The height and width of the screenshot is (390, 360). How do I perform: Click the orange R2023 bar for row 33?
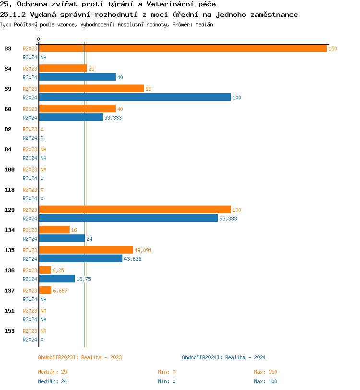(182, 49)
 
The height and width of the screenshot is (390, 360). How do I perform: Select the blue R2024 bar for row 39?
(134, 97)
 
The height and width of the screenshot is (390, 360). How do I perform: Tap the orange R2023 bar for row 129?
(134, 210)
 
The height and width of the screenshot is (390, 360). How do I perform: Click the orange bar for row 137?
(45, 291)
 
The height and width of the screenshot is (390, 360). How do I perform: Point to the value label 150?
(333, 49)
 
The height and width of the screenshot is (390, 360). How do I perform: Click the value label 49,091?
(143, 250)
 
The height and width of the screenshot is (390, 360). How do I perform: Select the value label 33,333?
(113, 118)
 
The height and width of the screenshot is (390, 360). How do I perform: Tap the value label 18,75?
(84, 279)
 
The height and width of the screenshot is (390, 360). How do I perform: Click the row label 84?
(8, 149)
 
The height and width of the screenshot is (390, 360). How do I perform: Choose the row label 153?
(10, 331)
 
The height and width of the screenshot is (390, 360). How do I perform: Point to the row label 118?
(10, 190)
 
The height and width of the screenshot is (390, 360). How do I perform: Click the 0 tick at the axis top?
(39, 39)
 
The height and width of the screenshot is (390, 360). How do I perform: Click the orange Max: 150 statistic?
(265, 372)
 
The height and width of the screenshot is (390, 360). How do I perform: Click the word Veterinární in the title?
(171, 4)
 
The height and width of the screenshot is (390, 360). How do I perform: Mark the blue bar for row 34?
(77, 77)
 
